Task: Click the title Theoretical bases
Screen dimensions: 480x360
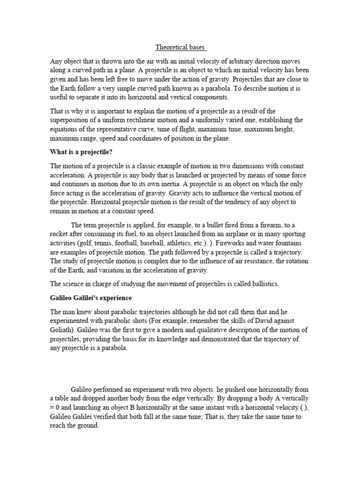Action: (181, 47)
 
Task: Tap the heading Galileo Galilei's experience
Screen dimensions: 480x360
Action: (91, 298)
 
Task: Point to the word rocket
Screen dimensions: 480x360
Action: (60, 233)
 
